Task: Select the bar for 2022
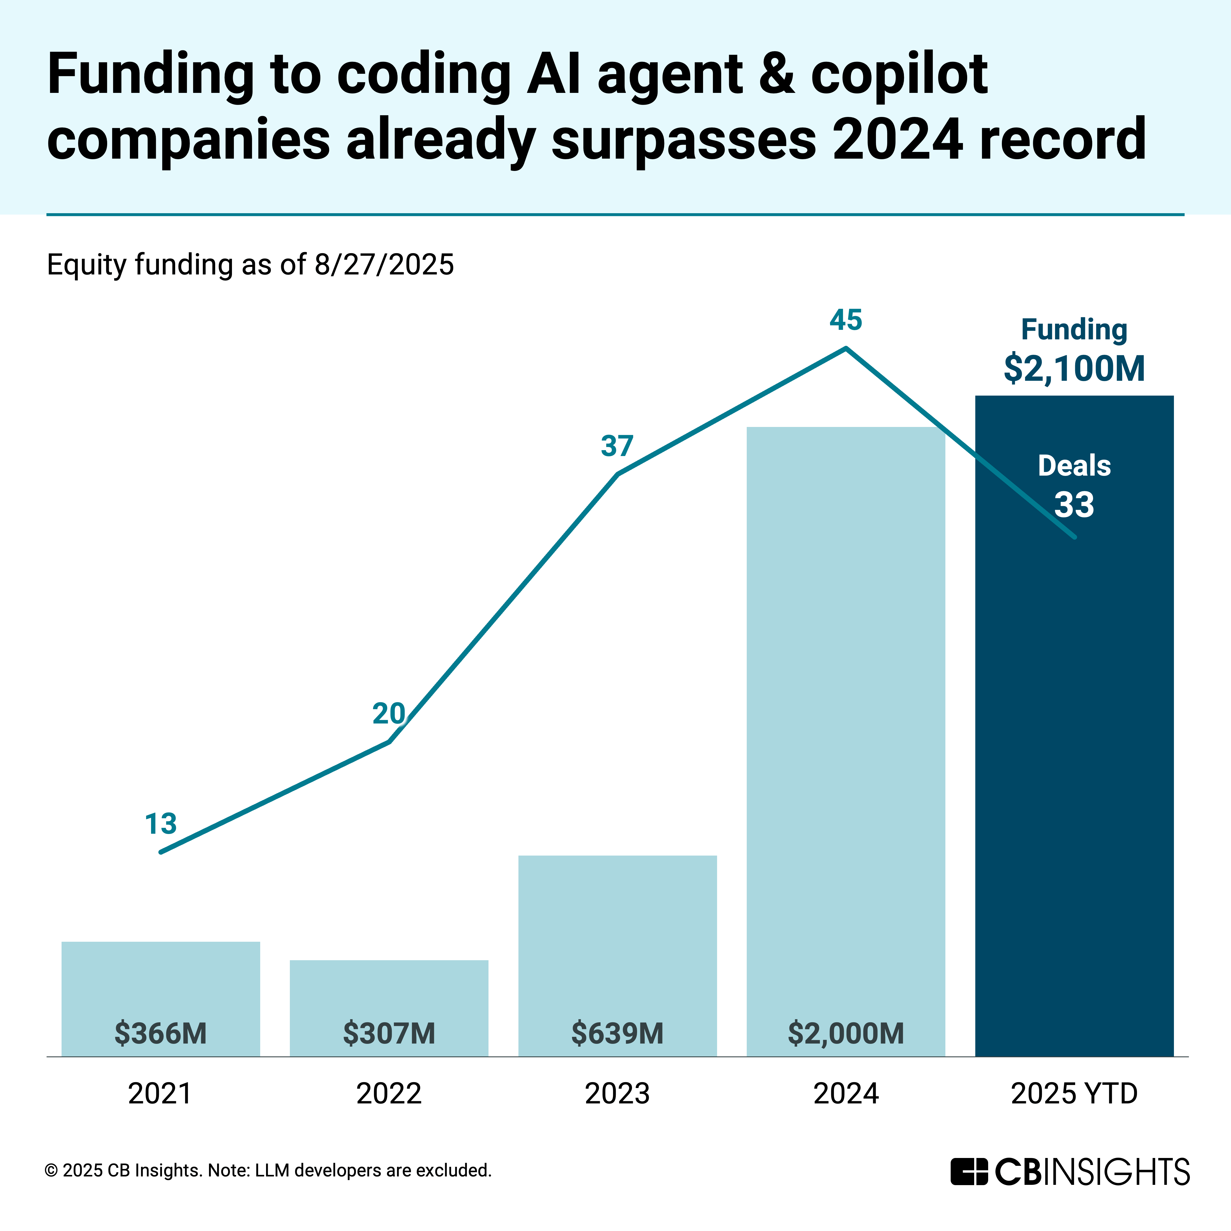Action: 389,994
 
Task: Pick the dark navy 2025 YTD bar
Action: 1074,765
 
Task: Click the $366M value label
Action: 161,1033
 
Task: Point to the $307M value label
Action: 389,1033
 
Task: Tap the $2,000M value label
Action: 845,1033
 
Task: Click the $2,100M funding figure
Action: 1074,368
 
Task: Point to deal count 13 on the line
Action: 161,824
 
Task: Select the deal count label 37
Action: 617,446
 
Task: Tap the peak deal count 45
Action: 845,320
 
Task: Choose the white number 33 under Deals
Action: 1074,505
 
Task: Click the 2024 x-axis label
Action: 845,1094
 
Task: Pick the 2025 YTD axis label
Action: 1074,1094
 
